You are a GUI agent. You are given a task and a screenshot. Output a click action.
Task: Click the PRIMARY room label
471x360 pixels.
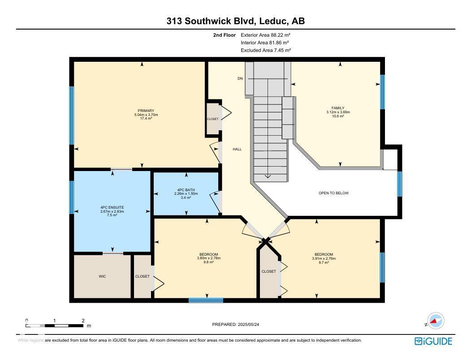(x=146, y=111)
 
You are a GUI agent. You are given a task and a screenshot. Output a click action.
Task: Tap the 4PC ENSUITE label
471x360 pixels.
(x=112, y=207)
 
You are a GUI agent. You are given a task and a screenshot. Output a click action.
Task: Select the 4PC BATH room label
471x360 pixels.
(x=186, y=190)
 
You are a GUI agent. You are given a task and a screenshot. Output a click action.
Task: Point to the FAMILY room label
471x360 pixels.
(x=338, y=108)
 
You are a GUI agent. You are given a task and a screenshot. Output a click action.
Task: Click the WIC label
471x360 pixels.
(x=102, y=277)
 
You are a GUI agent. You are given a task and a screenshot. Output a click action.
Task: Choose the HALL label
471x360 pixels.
(x=237, y=149)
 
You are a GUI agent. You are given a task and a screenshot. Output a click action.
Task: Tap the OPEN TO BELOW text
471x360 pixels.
(x=333, y=193)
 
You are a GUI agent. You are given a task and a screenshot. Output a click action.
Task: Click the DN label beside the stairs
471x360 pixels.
(x=240, y=78)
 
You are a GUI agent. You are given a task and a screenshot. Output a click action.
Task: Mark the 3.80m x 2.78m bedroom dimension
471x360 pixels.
(x=208, y=258)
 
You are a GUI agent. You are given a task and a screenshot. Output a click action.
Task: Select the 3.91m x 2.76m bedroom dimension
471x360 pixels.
(x=324, y=258)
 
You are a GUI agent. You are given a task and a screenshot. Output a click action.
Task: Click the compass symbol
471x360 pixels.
(x=435, y=321)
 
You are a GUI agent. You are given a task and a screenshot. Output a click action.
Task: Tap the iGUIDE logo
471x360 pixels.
(x=433, y=341)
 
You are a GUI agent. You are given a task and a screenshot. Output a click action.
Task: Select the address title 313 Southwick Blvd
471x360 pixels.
(x=236, y=21)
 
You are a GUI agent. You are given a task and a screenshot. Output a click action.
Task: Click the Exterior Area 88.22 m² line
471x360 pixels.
(x=266, y=34)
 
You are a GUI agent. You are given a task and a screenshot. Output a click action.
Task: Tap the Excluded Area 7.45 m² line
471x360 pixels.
(x=266, y=50)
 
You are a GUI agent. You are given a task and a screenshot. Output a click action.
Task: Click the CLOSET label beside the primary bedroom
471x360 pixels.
(x=212, y=119)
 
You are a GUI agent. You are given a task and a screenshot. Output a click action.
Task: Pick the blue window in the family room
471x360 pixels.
(x=382, y=92)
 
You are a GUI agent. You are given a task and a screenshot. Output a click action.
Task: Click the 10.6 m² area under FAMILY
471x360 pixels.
(x=338, y=116)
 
